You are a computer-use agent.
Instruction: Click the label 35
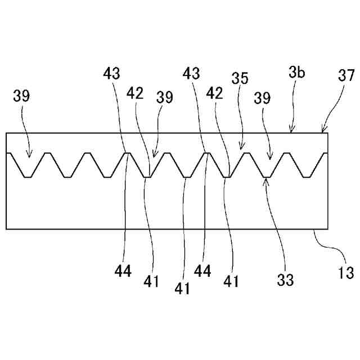tap(240, 78)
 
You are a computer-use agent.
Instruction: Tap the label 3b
tap(298, 73)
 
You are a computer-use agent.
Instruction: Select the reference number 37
tap(346, 75)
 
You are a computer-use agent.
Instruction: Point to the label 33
tap(286, 280)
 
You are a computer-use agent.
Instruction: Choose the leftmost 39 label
tap(21, 96)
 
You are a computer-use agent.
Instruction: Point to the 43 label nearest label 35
tap(192, 73)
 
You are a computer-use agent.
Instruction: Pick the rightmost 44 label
tap(202, 272)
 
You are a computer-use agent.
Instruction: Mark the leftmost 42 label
tap(135, 92)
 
